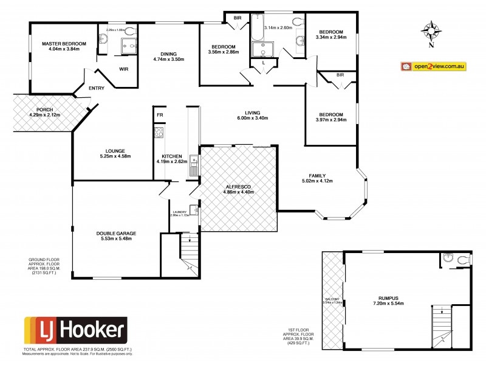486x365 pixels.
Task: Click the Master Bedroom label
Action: pyautogui.click(x=64, y=44)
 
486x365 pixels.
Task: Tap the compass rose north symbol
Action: pyautogui.click(x=431, y=31)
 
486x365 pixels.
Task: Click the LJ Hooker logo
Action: pyautogui.click(x=75, y=331)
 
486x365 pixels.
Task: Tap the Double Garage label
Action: pyautogui.click(x=115, y=233)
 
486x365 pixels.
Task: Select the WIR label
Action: pyautogui.click(x=123, y=69)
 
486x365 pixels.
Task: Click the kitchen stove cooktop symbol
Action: pyautogui.click(x=159, y=133)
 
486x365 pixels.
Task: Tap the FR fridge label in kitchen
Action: pyautogui.click(x=159, y=114)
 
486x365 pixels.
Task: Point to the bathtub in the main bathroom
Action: pyautogui.click(x=258, y=28)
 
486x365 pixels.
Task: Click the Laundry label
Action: pyautogui.click(x=179, y=211)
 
